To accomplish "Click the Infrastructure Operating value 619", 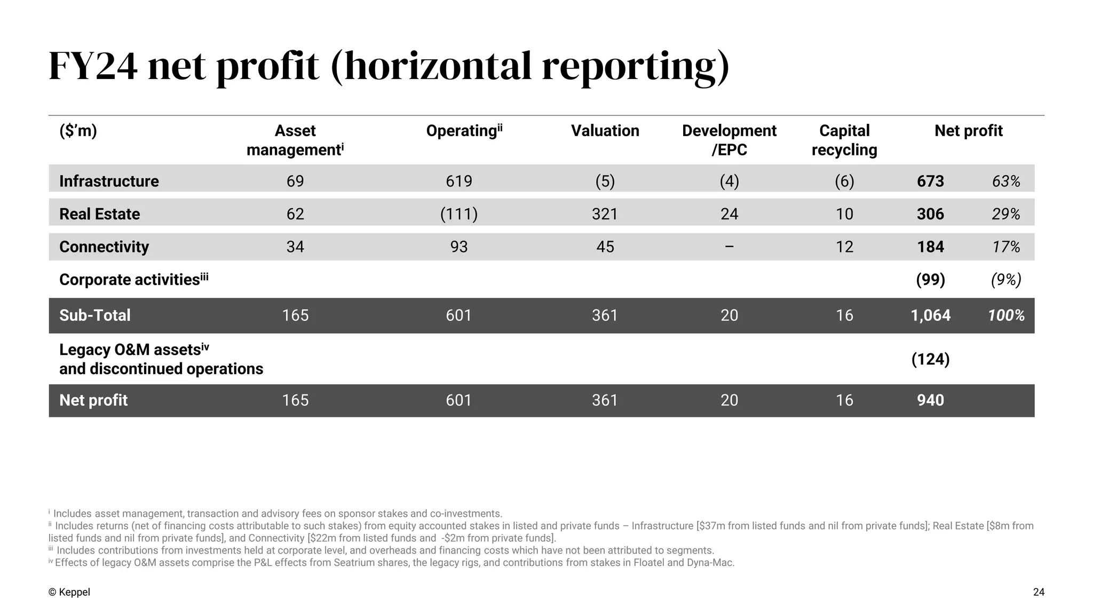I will [x=458, y=182].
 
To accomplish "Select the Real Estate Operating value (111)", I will [x=458, y=214].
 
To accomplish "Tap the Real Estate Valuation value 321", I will [x=605, y=214].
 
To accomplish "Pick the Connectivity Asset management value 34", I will [x=295, y=247].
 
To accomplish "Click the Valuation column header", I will [x=605, y=131].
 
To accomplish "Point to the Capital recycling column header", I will [x=844, y=140].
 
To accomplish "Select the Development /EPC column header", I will [x=729, y=140].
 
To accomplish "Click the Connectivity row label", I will [x=104, y=247].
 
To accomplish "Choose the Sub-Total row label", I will [x=95, y=315].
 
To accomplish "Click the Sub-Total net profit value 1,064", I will [x=930, y=315].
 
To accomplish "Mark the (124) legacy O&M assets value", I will [x=930, y=359].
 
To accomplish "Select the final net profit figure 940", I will [x=930, y=400].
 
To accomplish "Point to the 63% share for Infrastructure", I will [x=1006, y=182].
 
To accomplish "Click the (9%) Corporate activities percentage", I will [x=1006, y=280].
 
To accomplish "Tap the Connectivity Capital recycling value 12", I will [x=844, y=247].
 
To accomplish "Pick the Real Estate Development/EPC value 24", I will [x=729, y=214].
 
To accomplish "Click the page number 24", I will [x=1039, y=592].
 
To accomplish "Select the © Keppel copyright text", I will [x=69, y=592].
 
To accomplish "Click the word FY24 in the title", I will [x=93, y=67].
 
